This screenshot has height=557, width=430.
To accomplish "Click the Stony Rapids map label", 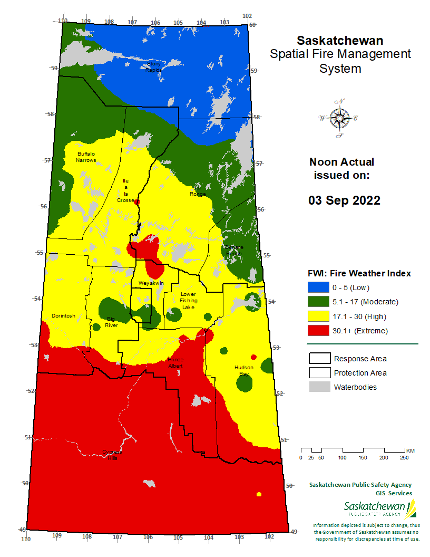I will coord(153,66).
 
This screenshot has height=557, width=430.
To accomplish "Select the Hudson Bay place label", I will coord(243,370).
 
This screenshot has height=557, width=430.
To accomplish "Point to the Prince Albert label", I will coord(175,362).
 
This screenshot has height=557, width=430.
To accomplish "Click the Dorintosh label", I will coord(63,316).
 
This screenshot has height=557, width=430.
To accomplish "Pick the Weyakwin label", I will coord(152,283).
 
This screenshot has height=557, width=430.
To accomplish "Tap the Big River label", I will coord(111,322).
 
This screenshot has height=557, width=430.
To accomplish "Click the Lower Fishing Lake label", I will coord(188,300).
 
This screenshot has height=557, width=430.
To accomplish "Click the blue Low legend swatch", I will coord(317,287).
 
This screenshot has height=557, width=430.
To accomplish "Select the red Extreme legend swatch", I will coord(317,331).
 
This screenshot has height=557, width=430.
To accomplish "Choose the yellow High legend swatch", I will coord(317,316).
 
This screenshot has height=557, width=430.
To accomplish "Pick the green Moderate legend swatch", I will coord(317,302).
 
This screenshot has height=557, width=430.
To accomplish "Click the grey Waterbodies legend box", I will coord(318,387).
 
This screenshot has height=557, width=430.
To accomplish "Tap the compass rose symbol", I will coord(338,118).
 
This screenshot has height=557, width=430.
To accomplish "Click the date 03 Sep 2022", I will coord(344,200).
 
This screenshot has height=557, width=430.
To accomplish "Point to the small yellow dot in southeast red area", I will coord(259,494).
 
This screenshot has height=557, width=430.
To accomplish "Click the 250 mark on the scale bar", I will coord(404,457).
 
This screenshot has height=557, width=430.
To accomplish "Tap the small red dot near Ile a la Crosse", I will coord(137,201).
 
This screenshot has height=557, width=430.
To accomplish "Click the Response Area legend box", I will coord(318,359).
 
